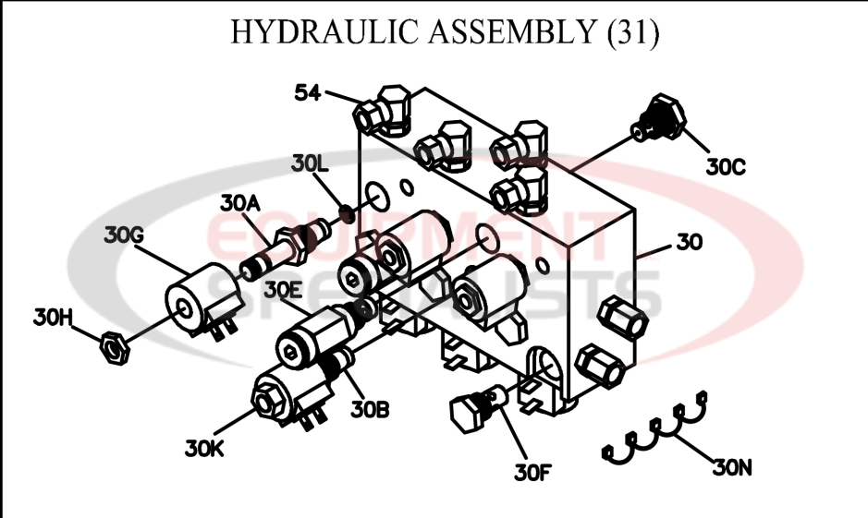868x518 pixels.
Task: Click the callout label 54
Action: (308, 91)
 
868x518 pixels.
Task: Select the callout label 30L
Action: (310, 164)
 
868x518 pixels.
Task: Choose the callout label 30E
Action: (283, 289)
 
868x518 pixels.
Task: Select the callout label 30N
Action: (733, 468)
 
